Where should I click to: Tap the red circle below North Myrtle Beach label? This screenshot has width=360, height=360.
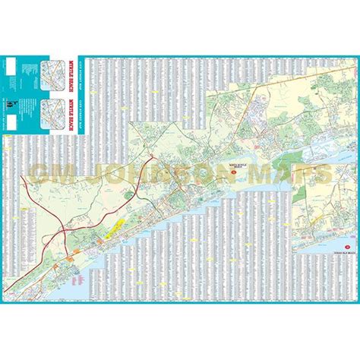pos(236,172)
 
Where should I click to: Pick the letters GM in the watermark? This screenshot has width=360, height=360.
pos(57,173)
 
